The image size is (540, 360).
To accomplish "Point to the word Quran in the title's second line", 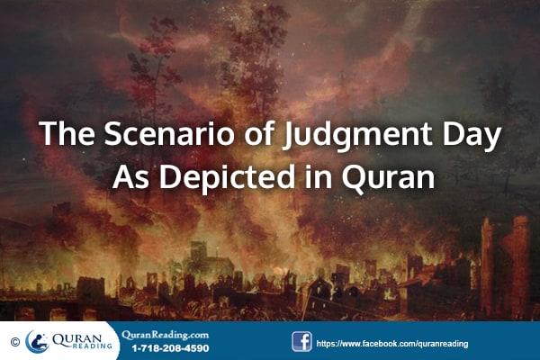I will point(390,176).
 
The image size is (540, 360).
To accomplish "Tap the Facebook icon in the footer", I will point(301,341).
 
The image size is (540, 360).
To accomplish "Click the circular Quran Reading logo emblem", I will point(38,341).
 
